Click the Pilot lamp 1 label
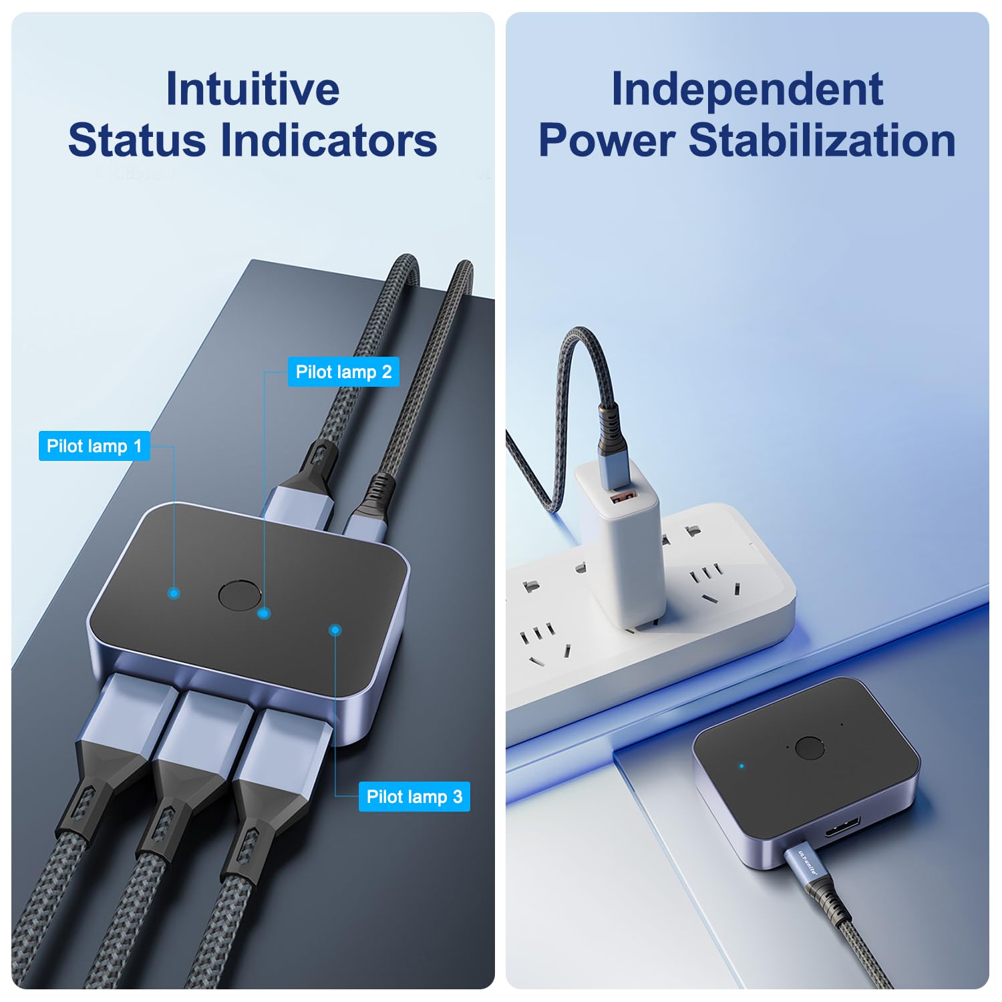94,446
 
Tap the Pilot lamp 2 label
343,372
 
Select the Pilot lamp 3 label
414,797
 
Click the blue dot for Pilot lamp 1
174,593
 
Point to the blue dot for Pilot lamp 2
265,613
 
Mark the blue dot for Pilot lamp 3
335,630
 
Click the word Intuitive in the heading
253,89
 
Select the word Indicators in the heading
329,140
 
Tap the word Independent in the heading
747,90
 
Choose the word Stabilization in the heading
822,140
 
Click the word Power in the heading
607,142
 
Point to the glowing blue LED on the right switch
742,766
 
